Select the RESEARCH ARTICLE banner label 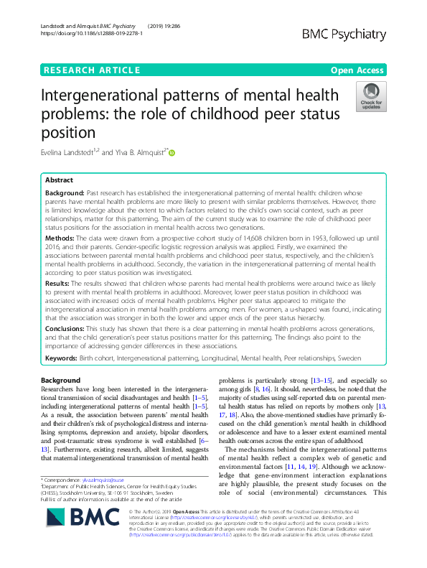(x=91, y=70)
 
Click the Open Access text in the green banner (x=358, y=70)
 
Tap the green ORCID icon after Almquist (x=172, y=152)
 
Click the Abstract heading (x=59, y=180)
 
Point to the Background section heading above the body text (x=61, y=380)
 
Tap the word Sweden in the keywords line (x=350, y=358)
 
